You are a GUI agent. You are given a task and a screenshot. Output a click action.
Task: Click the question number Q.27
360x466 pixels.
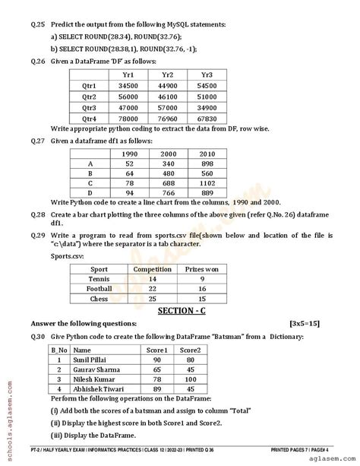[30, 141]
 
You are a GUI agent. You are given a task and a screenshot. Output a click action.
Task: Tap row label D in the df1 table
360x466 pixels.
[90, 194]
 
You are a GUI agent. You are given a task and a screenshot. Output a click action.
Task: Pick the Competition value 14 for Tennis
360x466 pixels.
[152, 279]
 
